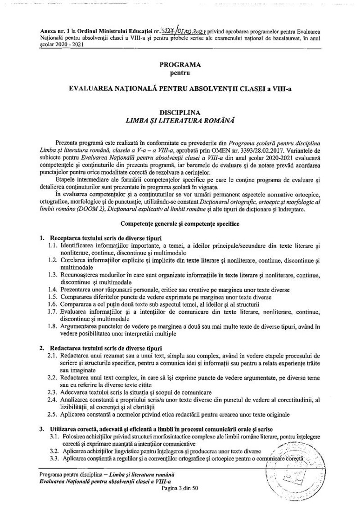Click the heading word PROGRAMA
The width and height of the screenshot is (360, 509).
tap(180, 65)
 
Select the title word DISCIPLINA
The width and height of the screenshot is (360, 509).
tap(180, 112)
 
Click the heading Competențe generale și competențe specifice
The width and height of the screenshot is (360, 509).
tap(180, 223)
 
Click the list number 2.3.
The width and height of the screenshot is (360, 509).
tap(52, 392)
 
